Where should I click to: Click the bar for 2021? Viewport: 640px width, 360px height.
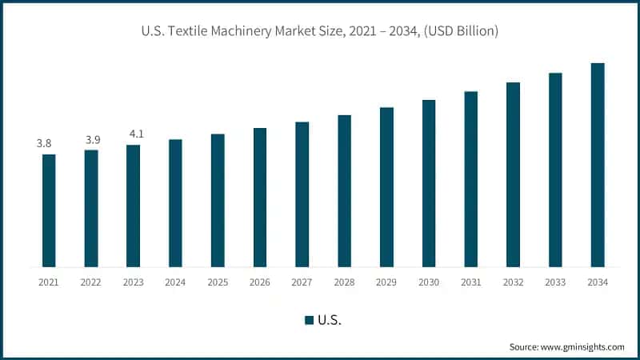coord(49,210)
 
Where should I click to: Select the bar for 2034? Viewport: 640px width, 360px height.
coord(598,165)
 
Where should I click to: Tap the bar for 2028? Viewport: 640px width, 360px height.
coord(344,190)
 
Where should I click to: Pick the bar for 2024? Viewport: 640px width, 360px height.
coord(175,203)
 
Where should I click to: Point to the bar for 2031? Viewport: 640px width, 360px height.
coord(471,179)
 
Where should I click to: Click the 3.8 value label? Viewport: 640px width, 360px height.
coord(44,143)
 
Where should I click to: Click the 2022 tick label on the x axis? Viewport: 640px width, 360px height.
coord(91,282)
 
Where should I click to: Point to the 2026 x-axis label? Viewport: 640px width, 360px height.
coord(260,282)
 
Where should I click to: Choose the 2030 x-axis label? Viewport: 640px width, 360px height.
coord(429,282)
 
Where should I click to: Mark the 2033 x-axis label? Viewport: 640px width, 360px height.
coord(555,282)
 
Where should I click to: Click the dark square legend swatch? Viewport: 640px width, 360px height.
coord(309,320)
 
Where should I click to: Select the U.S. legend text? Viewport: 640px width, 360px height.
coord(330,320)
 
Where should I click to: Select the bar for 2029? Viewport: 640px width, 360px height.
coord(386,186)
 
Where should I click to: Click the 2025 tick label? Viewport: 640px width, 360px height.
coord(218,282)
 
